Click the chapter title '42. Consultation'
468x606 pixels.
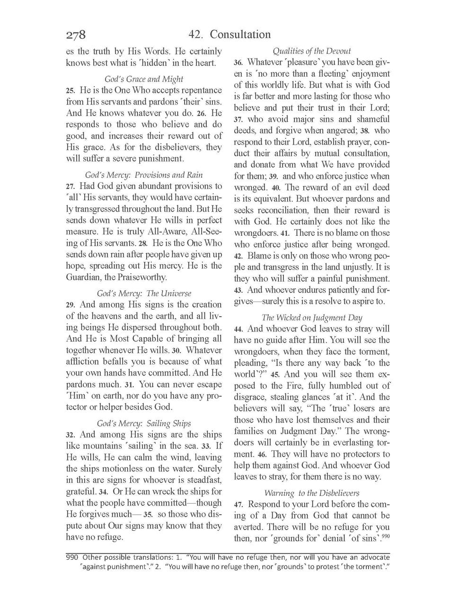230,35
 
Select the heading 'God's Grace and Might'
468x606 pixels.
144,79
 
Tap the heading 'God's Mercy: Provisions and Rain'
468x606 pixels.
144,175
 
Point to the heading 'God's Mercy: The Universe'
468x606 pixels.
144,294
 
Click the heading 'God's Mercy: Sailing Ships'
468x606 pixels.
144,423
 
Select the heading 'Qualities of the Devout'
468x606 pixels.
312,51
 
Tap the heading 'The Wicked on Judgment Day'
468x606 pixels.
312,317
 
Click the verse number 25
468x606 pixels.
71,90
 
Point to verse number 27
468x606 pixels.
71,187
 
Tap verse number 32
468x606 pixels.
71,435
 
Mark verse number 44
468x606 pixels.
238,329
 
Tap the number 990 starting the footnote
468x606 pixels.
72,557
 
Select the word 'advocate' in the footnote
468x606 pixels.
375,557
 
